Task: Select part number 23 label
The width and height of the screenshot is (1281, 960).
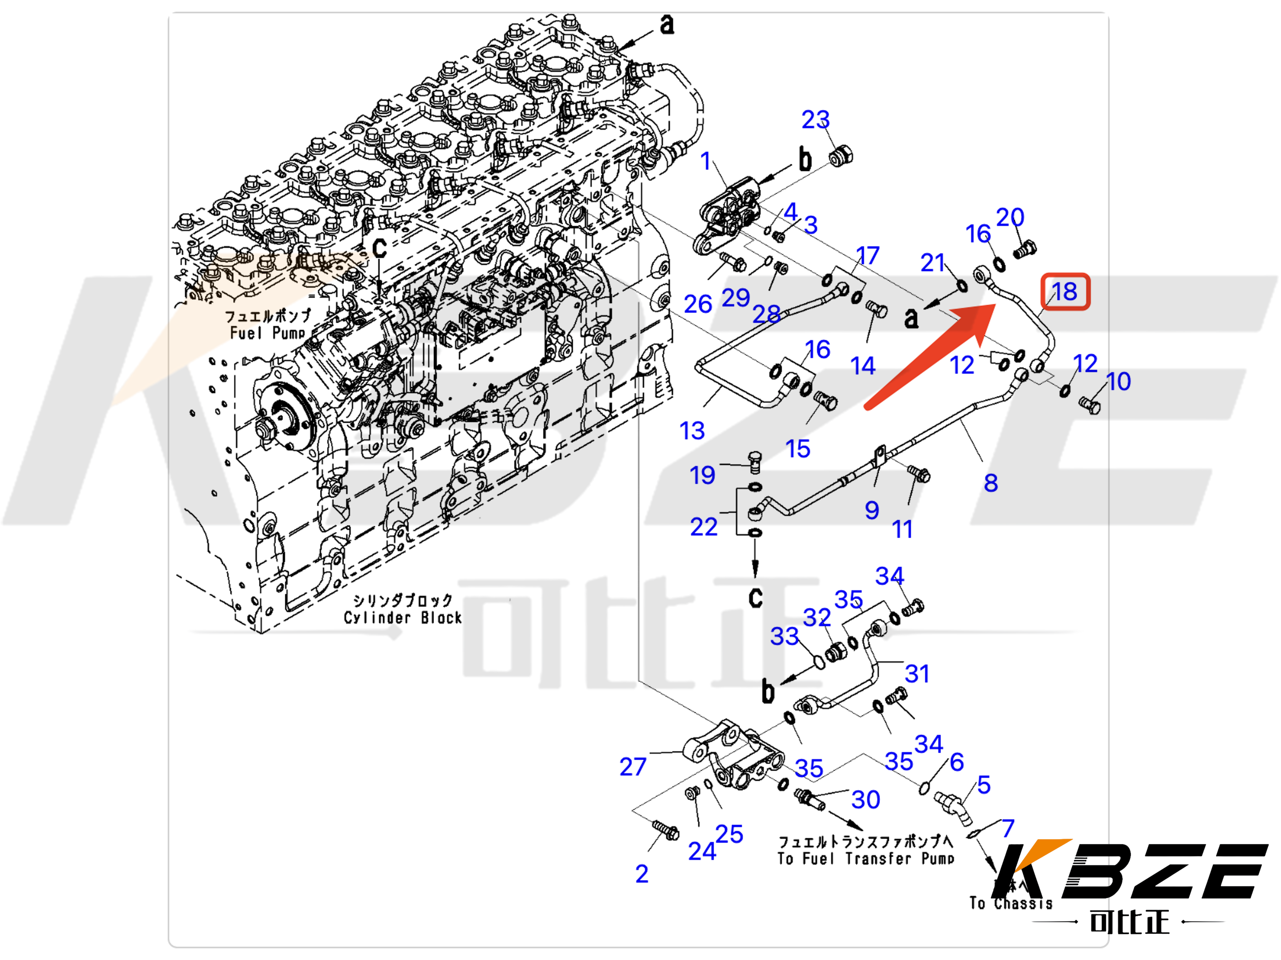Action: (x=815, y=120)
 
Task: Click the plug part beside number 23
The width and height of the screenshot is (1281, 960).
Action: (x=841, y=156)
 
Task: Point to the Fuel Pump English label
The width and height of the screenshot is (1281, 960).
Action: (x=268, y=333)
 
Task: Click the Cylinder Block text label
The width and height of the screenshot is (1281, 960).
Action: (x=403, y=617)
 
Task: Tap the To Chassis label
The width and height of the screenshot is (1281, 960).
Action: (x=1011, y=903)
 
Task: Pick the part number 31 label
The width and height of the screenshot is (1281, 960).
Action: (x=917, y=674)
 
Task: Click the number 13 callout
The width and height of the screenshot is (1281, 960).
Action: (x=692, y=430)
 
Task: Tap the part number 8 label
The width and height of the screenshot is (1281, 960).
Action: (x=991, y=483)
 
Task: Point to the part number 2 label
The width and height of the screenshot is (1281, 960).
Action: (x=642, y=874)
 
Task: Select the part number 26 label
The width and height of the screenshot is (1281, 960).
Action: (x=698, y=304)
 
